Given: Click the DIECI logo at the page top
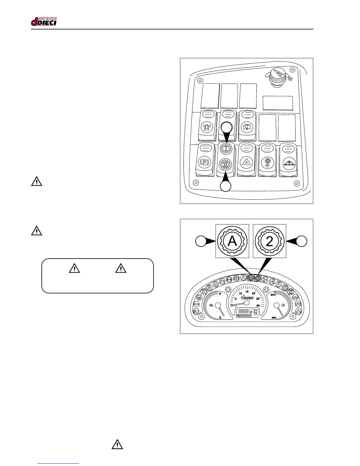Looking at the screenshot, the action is click(44, 21).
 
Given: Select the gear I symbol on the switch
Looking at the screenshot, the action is click(226, 149).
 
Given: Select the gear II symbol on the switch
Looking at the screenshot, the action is click(226, 164).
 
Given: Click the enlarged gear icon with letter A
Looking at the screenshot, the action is click(232, 241).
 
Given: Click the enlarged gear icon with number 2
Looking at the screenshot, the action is click(269, 241).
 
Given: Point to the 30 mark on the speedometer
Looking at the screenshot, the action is click(258, 306).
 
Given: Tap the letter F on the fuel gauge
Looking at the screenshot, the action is click(220, 294).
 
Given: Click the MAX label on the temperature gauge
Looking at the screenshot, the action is click(273, 294).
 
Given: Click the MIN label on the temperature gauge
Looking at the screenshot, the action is click(274, 318).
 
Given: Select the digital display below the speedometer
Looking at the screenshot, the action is click(246, 314).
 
